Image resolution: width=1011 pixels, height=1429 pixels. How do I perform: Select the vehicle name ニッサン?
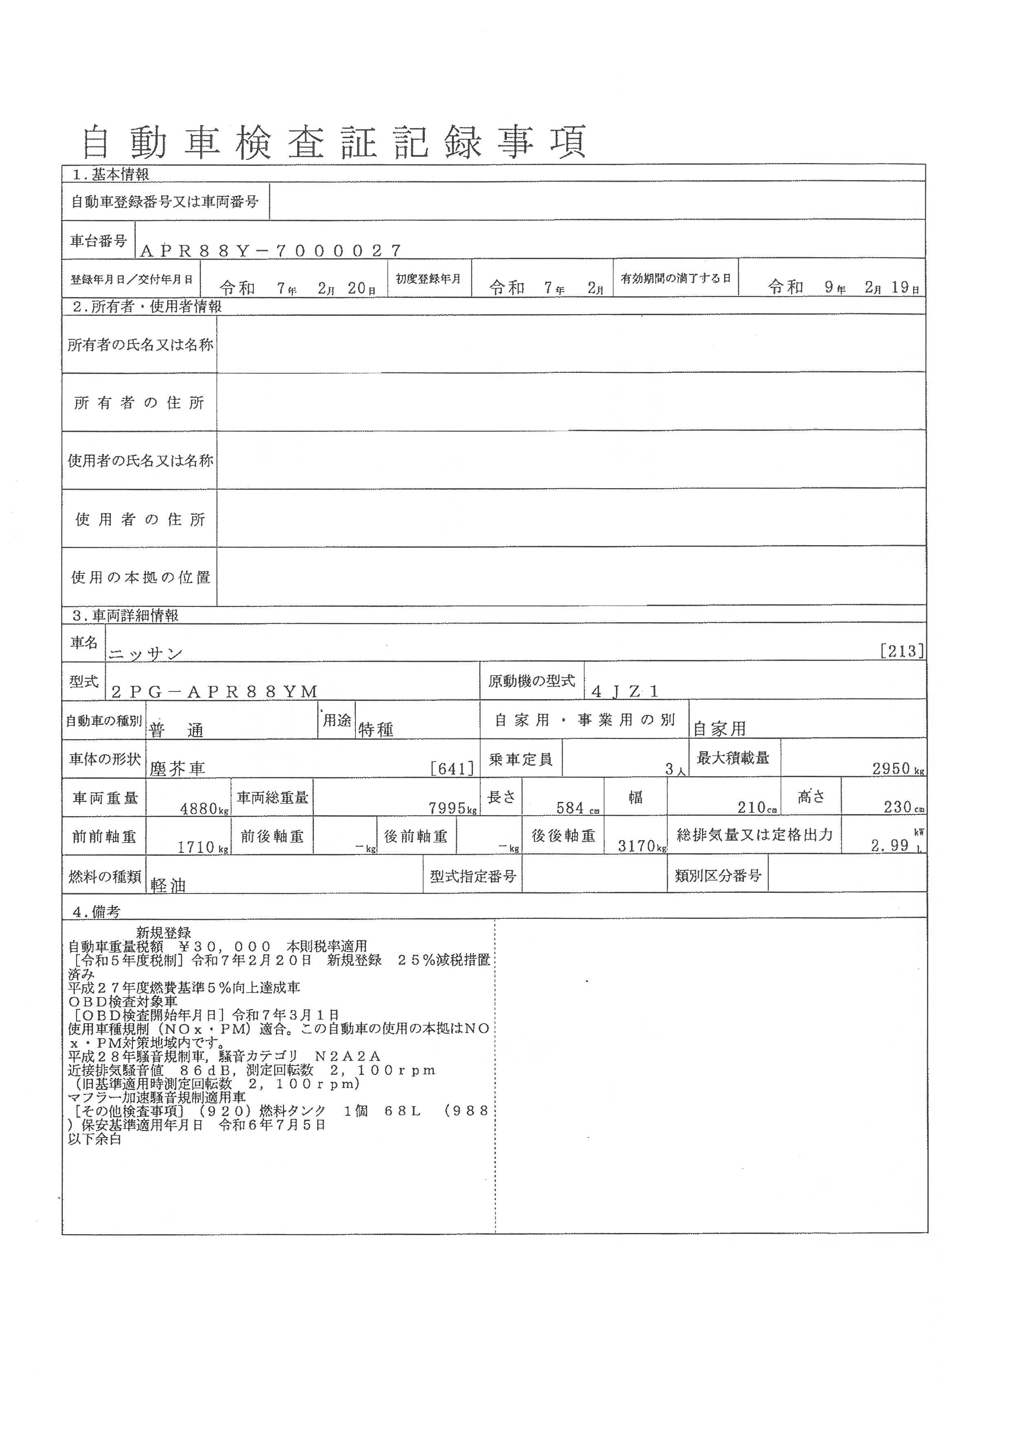pyautogui.click(x=146, y=654)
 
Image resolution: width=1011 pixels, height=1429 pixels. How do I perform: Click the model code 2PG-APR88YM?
pyautogui.click(x=215, y=691)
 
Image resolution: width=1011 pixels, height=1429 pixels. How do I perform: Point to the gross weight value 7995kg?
pyautogui.click(x=453, y=808)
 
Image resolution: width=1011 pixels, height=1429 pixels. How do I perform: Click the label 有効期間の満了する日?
pyautogui.click(x=675, y=278)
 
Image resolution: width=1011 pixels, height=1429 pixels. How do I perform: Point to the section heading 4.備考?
pyautogui.click(x=97, y=912)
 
